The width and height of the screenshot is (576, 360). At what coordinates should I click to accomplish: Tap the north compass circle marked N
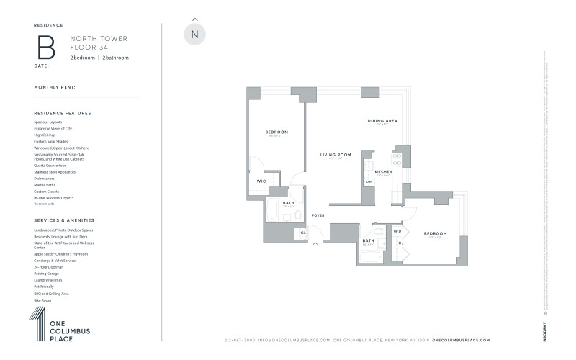point(194,35)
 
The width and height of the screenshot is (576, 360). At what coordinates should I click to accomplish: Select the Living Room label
point(335,155)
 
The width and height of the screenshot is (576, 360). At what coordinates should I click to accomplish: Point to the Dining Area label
point(382,120)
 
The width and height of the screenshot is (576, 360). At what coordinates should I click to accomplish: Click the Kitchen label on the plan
point(383,172)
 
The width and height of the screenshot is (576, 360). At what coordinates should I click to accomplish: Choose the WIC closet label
point(261,181)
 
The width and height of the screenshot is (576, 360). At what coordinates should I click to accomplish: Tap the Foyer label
point(318,216)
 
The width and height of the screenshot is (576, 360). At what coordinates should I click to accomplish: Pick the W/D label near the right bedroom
point(397,231)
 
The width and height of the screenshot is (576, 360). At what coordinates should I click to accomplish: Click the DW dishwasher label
point(369,181)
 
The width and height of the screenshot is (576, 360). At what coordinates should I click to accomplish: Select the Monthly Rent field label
point(54,87)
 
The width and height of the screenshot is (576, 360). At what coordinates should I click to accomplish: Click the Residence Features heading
point(63,113)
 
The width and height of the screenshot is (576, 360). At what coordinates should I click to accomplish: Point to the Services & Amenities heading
point(64,219)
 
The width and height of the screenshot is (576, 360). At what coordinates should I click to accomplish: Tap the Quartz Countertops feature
point(50,166)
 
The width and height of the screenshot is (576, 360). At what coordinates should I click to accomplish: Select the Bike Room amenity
point(42,300)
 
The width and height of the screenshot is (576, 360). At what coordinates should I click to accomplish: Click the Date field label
point(41,66)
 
